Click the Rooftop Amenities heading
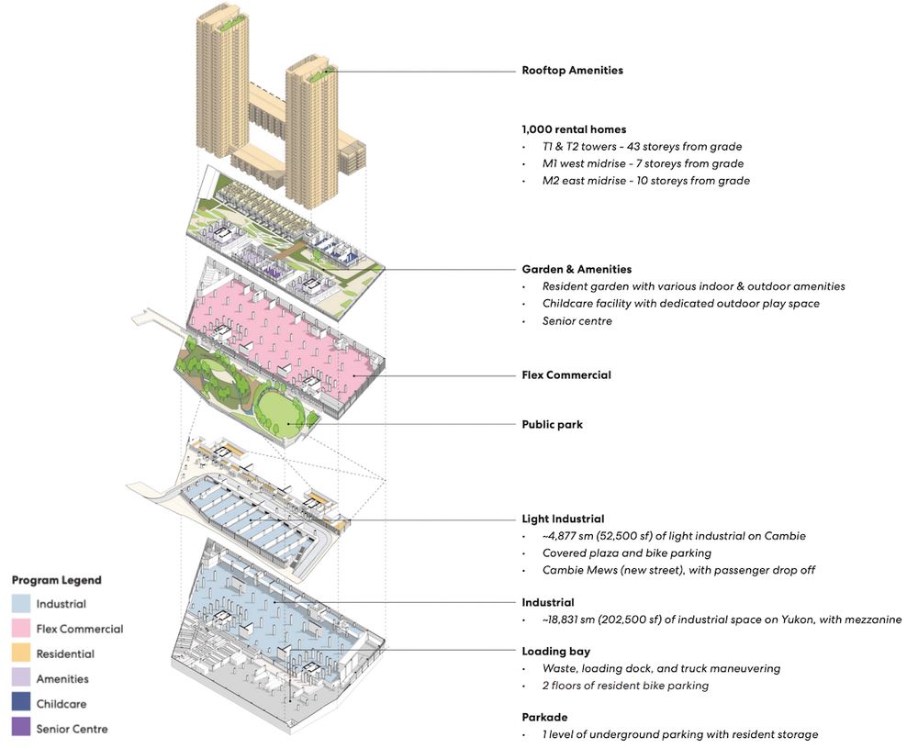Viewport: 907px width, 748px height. [572, 71]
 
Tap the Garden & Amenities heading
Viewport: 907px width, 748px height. [577, 270]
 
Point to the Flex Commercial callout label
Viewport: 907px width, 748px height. [566, 375]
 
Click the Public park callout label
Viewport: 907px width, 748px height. [552, 425]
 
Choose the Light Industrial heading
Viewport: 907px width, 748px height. [563, 519]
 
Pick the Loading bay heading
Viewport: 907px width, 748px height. [555, 652]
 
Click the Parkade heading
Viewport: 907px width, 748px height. [547, 718]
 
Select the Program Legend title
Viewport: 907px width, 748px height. [56, 580]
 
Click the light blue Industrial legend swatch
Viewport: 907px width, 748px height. [20, 604]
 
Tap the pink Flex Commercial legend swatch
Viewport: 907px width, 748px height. [20, 629]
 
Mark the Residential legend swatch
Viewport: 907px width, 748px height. [20, 654]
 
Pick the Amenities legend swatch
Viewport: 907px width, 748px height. [20, 679]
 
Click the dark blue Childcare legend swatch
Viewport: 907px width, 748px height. [20, 704]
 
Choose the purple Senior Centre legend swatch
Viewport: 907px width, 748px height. [20, 729]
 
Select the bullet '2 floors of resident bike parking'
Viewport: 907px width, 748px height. [625, 686]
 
